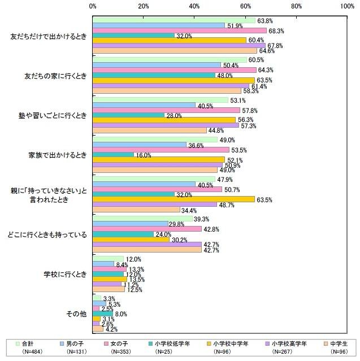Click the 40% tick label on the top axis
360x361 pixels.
(194, 6)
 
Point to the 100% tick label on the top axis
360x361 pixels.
(346, 6)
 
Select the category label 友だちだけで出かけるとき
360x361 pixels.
(49, 35)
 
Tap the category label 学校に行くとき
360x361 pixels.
(66, 275)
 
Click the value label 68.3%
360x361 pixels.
(275, 31)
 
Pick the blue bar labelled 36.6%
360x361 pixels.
(139, 145)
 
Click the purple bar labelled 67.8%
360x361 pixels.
(179, 46)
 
